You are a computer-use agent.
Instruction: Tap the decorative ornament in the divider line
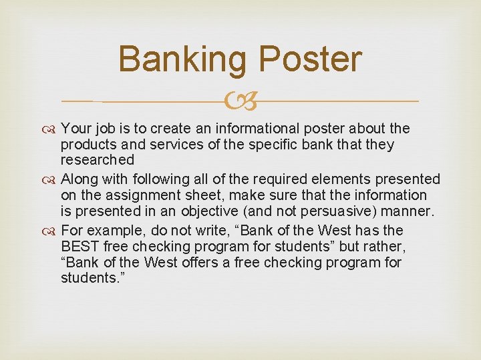coord(241,101)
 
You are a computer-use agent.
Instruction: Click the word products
coord(86,145)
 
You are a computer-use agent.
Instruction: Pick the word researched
coord(98,161)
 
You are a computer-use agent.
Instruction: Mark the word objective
coord(218,212)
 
